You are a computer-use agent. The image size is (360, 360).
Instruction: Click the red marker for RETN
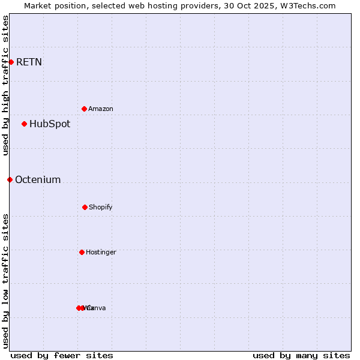11,62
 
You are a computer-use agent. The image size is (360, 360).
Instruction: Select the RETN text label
29,62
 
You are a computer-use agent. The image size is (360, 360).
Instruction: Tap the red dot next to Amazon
84,109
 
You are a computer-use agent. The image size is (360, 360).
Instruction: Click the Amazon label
101,109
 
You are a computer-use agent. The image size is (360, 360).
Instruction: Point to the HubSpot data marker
24,124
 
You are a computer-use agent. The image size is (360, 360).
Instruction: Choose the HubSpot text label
50,124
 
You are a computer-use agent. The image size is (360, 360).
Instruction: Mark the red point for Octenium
10,179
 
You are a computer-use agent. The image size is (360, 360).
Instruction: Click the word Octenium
38,179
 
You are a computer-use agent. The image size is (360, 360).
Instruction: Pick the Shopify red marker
85,207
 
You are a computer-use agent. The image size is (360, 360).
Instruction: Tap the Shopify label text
101,207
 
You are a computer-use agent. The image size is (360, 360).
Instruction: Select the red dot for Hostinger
82,252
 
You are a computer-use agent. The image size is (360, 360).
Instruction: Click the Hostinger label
101,252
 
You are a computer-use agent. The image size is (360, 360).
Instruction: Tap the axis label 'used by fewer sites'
62,355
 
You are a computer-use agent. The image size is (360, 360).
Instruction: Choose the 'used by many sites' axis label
301,355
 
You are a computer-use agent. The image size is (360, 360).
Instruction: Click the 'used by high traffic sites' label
5,85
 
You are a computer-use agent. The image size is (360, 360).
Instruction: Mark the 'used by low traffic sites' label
5,281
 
